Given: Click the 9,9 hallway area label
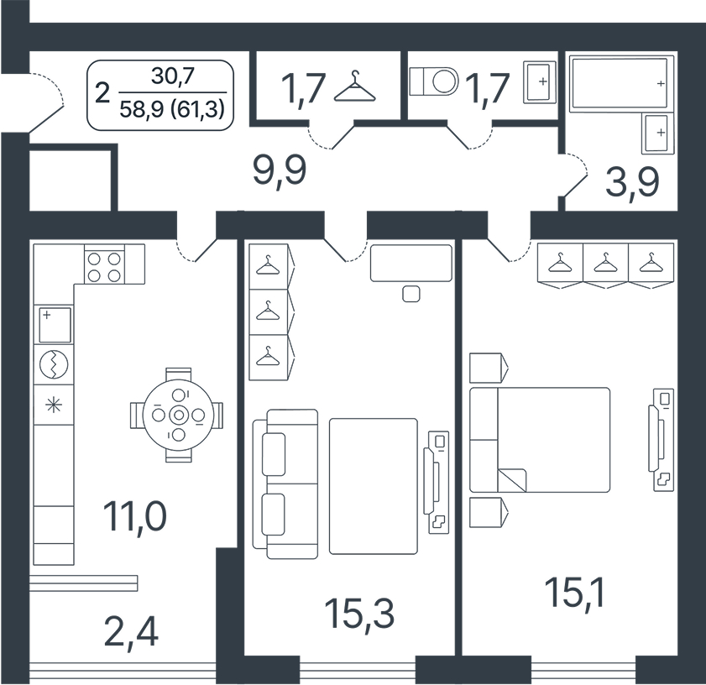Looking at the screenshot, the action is [x=280, y=170].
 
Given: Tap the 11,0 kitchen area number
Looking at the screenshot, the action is [x=134, y=516].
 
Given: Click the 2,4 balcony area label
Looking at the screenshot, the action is [x=131, y=633].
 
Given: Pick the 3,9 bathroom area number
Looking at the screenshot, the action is [x=632, y=182].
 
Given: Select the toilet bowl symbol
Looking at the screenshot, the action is [x=434, y=81].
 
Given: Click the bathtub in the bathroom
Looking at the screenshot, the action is [x=619, y=82].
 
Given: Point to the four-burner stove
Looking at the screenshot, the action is [x=104, y=267].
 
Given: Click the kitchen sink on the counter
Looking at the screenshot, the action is [x=55, y=325].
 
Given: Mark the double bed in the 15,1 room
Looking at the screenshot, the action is [x=540, y=440].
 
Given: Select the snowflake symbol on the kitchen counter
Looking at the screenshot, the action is [x=54, y=405].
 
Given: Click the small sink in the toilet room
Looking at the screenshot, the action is [x=540, y=81].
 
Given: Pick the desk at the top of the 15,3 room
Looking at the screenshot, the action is [x=411, y=263].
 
